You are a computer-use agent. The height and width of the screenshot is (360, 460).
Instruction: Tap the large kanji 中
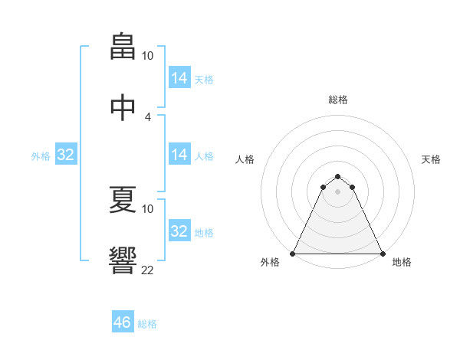pos(123,107)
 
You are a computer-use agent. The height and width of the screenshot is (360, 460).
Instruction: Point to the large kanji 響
pos(123,260)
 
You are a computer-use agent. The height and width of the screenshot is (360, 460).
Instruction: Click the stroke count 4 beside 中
pos(148,117)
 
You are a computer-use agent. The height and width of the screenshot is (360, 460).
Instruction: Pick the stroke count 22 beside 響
pos(148,270)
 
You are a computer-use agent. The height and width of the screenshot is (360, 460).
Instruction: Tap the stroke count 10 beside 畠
pos(148,56)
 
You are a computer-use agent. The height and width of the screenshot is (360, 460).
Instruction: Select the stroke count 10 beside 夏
pos(148,208)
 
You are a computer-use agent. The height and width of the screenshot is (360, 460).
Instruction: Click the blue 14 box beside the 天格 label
pos(179,78)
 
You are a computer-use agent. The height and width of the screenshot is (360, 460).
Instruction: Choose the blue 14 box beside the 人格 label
pos(179,155)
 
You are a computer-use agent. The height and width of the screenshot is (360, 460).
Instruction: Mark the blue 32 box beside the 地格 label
pos(179,231)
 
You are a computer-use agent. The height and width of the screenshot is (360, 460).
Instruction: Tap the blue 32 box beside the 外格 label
pos(66,155)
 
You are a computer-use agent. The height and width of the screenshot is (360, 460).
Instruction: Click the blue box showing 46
pos(123,322)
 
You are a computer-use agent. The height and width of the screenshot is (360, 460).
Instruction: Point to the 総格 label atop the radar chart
pos(338,100)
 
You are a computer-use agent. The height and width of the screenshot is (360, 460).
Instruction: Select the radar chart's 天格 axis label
pos(431,159)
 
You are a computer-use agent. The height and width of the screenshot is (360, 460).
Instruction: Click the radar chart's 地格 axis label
pos(402,262)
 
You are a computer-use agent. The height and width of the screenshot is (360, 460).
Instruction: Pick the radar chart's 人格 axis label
pos(245,159)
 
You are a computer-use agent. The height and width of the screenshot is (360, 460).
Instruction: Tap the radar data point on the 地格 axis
pos(382,253)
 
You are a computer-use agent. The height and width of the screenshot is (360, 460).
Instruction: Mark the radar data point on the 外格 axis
pos(293,253)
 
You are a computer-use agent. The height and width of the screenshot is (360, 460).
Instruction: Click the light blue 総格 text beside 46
pos(148,324)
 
